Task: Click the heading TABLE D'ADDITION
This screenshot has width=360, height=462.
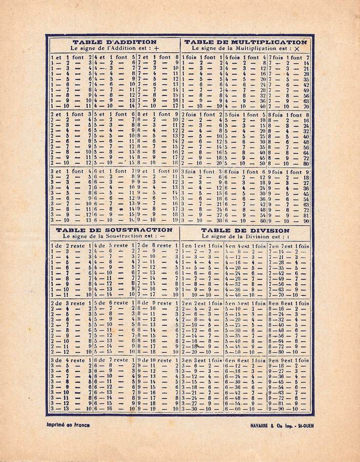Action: click(x=114, y=42)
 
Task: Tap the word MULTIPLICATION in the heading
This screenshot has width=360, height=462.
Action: click(x=270, y=42)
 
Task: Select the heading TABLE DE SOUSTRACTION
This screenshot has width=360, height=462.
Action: click(x=114, y=230)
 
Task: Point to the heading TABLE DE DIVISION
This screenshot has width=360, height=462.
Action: click(x=245, y=230)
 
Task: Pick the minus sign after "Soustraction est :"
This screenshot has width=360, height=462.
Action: click(x=163, y=237)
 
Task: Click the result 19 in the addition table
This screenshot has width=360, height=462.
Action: click(x=175, y=220)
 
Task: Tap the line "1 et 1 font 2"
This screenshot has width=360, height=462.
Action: click(x=71, y=57)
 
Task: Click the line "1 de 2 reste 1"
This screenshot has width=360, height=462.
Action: click(x=71, y=246)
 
